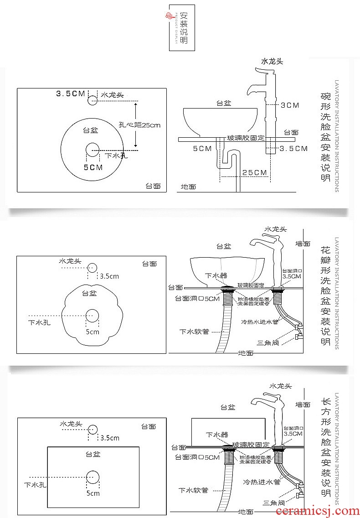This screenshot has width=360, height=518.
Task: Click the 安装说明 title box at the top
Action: coord(181,27)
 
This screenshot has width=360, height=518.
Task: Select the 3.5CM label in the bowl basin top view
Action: coord(70,93)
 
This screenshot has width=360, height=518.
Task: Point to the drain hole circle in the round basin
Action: coord(93,148)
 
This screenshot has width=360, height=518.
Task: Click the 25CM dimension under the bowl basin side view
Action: coord(254,172)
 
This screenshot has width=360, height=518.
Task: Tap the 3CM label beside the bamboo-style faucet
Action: coord(289,105)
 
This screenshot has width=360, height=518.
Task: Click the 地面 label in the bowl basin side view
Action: coord(188,186)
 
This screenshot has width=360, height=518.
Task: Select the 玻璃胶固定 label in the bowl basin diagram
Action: coord(246,137)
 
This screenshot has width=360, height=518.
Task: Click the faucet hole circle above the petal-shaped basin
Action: coord(93,268)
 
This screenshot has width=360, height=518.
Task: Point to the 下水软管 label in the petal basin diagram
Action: coord(194,332)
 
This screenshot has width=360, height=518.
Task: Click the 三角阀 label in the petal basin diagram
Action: coord(267,342)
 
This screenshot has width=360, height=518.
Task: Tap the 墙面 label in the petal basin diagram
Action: coord(303,244)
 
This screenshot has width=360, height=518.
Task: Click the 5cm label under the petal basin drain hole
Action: coord(93,332)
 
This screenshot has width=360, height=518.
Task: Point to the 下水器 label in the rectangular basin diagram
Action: coord(216,435)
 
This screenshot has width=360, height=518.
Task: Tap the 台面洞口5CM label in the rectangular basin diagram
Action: coord(197,457)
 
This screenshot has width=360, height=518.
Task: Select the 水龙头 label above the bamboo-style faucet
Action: coord(272,61)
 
